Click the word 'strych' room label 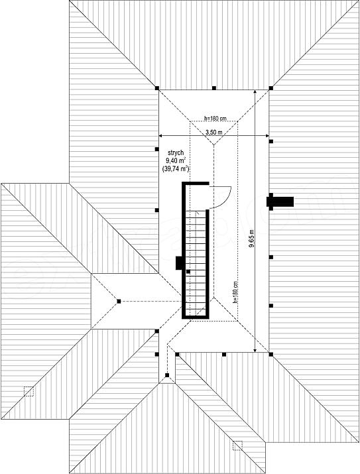tap(176, 154)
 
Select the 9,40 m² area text tap(176, 161)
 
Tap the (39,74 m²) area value tap(176, 168)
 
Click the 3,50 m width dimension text tap(213, 132)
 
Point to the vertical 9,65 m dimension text tap(251, 239)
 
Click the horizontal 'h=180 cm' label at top tap(215, 119)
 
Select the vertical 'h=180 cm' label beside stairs tap(235, 292)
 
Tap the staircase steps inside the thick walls tap(196, 263)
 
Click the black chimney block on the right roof tap(280, 202)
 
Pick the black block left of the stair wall tap(179, 263)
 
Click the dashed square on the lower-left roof tap(29, 392)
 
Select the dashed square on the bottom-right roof tap(237, 445)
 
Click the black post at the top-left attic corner tap(157, 88)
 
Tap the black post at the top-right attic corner tap(271, 88)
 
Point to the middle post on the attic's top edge tap(214, 88)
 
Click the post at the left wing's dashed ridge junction tap(119, 302)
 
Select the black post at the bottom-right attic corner tap(271, 354)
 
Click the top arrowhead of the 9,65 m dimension tap(255, 91)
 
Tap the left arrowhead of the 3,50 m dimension tap(161, 136)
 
